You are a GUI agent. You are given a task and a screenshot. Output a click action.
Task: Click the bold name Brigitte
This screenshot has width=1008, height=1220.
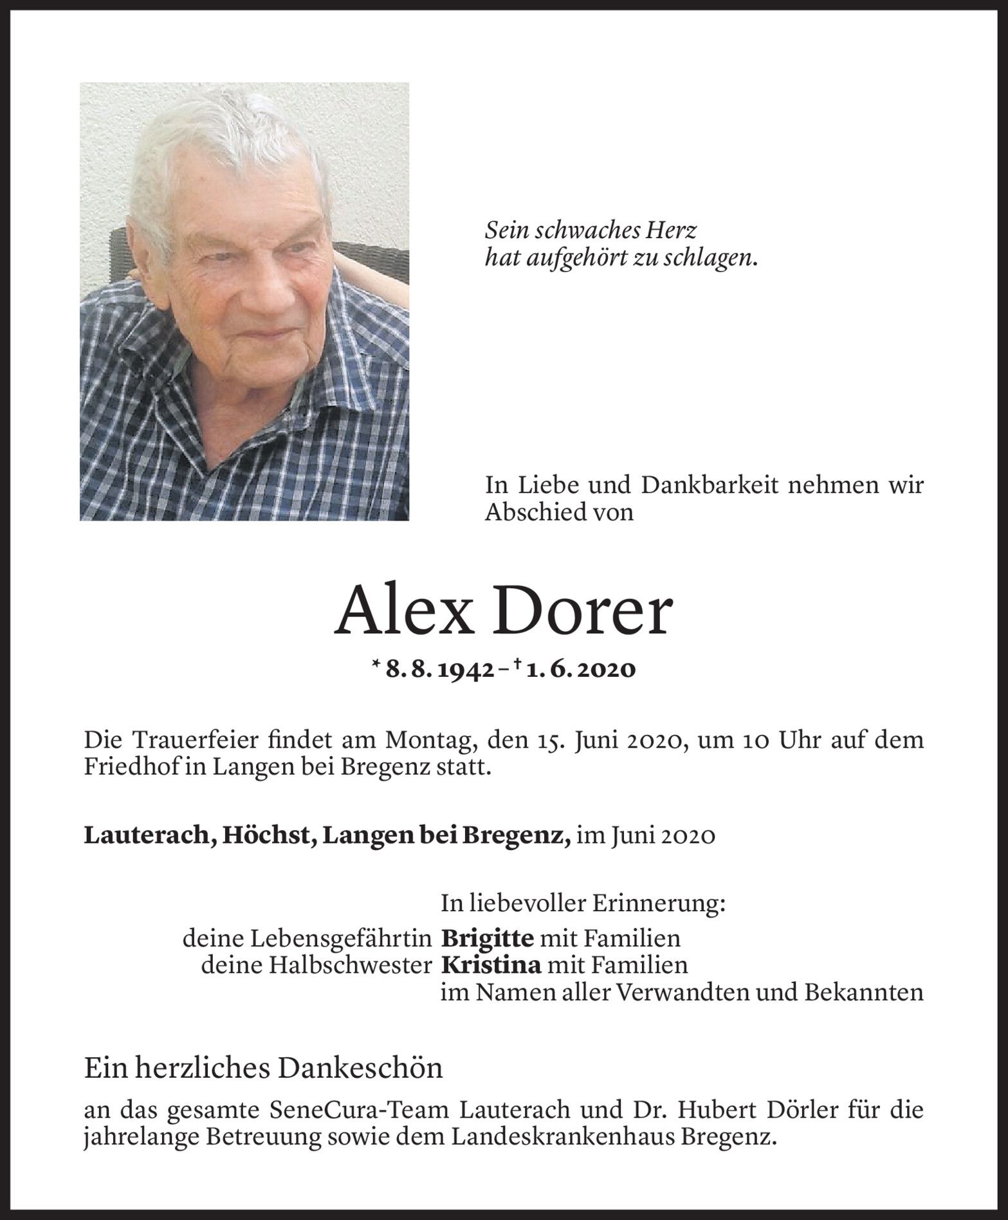click(x=487, y=939)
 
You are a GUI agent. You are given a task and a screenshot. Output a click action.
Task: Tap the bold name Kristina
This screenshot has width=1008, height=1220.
click(x=491, y=965)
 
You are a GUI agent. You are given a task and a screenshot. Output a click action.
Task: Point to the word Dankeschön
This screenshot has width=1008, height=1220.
click(x=360, y=1069)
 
